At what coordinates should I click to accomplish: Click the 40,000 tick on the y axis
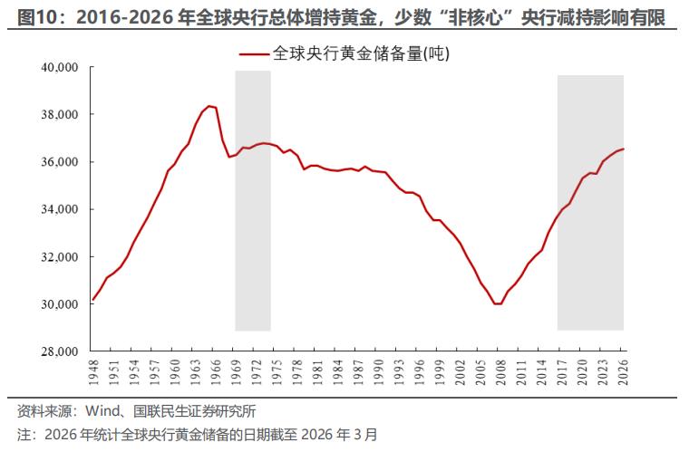pyautogui.click(x=61, y=68)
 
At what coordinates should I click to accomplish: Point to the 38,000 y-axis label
pyautogui.click(x=61, y=115)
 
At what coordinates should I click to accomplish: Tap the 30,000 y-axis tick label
pyautogui.click(x=61, y=304)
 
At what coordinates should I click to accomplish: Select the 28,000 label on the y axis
pyautogui.click(x=61, y=351)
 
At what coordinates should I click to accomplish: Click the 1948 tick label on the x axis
pyautogui.click(x=93, y=370)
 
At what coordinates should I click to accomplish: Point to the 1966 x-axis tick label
pyautogui.click(x=215, y=370)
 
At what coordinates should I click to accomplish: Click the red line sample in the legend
pyautogui.click(x=257, y=54)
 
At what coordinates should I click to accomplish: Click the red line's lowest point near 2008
pyautogui.click(x=497, y=303)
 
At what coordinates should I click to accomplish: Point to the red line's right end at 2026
pyautogui.click(x=624, y=149)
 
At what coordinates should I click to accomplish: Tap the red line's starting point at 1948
pyautogui.click(x=93, y=299)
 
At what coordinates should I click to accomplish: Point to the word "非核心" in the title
pyautogui.click(x=473, y=16)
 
